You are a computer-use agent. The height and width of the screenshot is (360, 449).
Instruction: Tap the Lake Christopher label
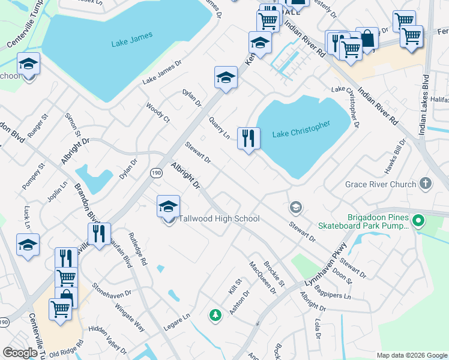[301, 129]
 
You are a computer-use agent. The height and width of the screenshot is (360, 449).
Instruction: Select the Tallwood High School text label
[220, 219]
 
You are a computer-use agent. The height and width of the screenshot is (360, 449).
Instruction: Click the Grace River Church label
[381, 184]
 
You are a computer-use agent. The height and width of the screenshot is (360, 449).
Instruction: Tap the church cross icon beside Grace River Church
[426, 183]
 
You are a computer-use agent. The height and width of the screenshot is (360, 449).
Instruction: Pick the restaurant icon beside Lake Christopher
[247, 139]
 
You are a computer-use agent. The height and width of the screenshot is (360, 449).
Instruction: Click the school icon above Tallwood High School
[169, 207]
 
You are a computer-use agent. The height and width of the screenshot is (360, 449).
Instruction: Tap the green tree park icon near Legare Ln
[214, 314]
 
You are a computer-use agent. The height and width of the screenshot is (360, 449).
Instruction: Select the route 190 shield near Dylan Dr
[155, 172]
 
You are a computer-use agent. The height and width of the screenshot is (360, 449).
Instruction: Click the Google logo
[20, 353]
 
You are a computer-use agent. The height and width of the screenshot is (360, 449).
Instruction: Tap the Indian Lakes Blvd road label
[425, 104]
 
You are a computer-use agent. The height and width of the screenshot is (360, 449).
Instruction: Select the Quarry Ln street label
[219, 127]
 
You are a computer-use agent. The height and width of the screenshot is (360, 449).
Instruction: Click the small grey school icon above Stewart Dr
[295, 208]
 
